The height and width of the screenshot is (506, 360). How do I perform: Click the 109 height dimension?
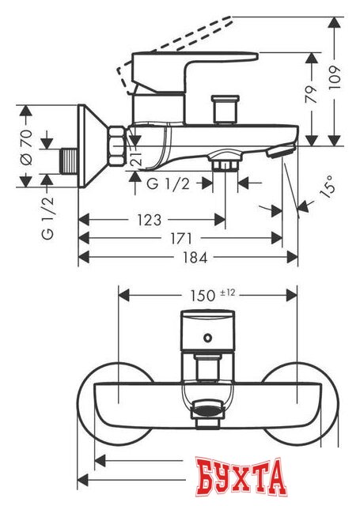click(x=338, y=74)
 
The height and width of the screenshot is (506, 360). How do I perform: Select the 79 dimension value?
click(x=312, y=94)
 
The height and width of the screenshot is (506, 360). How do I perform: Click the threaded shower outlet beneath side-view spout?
click(x=226, y=164)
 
